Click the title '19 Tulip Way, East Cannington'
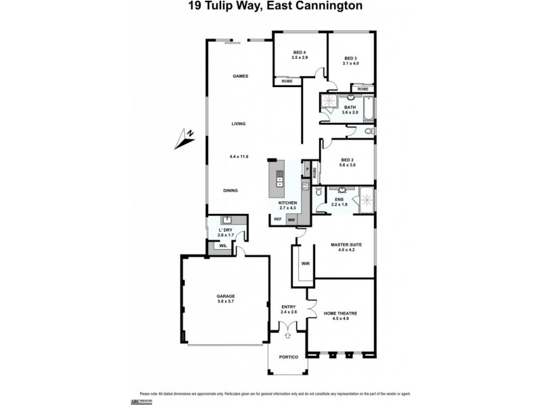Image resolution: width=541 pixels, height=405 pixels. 270,7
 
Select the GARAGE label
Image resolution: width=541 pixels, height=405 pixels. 226,296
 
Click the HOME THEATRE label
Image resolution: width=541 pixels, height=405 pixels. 341,313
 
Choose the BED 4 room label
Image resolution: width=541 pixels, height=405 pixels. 300,53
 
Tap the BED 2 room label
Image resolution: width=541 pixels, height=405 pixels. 348,160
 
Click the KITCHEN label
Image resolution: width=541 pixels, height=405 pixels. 288,203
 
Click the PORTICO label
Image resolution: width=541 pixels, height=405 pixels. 288,357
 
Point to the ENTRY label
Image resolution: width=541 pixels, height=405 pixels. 289,308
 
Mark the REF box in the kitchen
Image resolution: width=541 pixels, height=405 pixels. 277,219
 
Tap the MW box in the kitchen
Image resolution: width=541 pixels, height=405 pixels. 291,219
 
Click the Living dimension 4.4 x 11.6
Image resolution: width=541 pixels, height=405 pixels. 239,157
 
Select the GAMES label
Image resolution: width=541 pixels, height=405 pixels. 240,76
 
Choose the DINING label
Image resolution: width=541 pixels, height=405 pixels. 231,191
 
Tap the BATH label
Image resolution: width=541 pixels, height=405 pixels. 350,107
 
